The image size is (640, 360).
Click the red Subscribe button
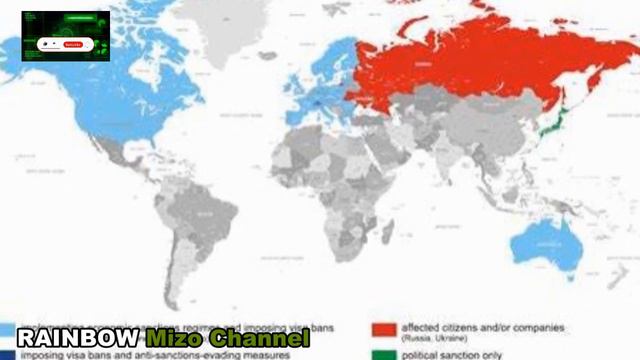(73, 44)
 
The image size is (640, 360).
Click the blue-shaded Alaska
(35, 50)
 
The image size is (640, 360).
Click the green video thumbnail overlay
(66, 36)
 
